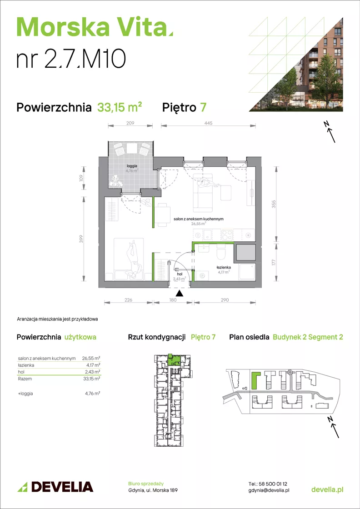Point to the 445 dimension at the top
point(208,123)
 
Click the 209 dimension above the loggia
point(130,123)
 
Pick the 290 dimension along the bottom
point(225,300)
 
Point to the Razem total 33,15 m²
point(93,379)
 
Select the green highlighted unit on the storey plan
point(172,360)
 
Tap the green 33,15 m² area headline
point(120,107)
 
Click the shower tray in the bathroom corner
point(246,271)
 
